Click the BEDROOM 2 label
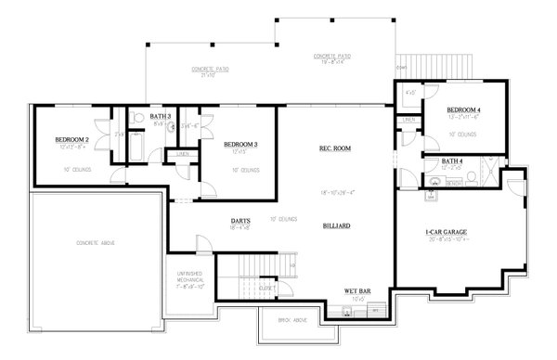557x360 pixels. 71,140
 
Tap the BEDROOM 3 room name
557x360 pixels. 240,145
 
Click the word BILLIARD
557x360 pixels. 336,225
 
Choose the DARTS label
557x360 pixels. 240,221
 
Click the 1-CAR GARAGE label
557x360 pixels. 447,231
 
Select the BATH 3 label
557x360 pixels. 136,116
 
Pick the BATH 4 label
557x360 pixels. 452,161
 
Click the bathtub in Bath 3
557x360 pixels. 135,148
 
